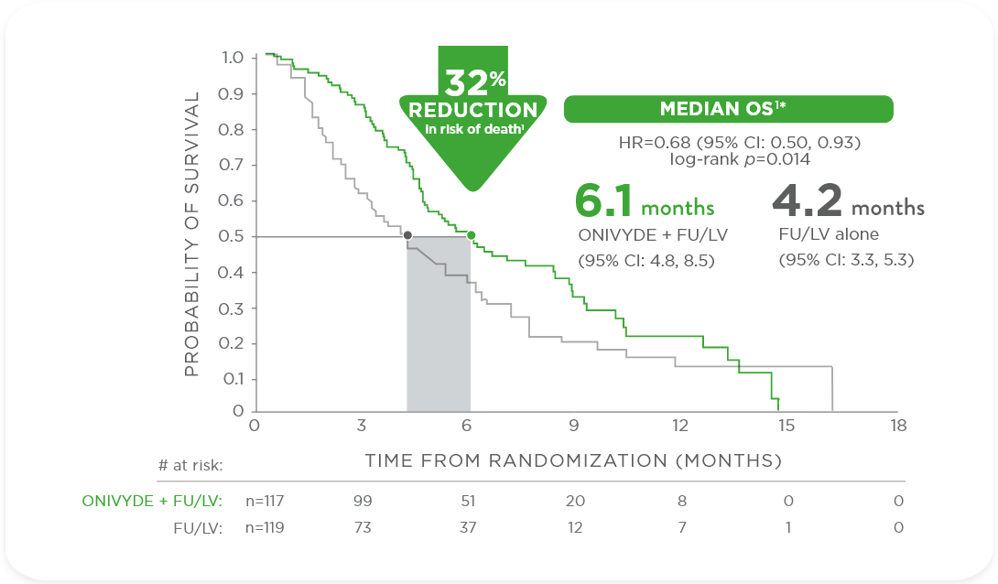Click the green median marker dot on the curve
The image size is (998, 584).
pyautogui.click(x=471, y=235)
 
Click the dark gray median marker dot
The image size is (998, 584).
pyautogui.click(x=407, y=235)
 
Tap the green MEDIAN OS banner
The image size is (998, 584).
pyautogui.click(x=727, y=109)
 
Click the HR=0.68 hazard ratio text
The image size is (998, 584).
pyautogui.click(x=739, y=143)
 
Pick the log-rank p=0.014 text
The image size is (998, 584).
pyautogui.click(x=739, y=159)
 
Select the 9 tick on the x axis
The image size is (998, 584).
pyautogui.click(x=574, y=426)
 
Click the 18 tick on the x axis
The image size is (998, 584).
pyautogui.click(x=898, y=426)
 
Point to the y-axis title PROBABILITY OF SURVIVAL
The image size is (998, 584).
pyautogui.click(x=191, y=234)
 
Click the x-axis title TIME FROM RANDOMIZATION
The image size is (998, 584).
pyautogui.click(x=573, y=460)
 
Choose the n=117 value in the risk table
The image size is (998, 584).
pyautogui.click(x=266, y=501)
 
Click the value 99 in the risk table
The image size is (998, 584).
pyautogui.click(x=363, y=501)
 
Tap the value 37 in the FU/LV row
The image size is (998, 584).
pyautogui.click(x=467, y=527)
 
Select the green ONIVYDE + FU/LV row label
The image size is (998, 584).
pyautogui.click(x=151, y=501)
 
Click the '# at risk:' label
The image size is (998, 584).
pyautogui.click(x=190, y=465)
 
